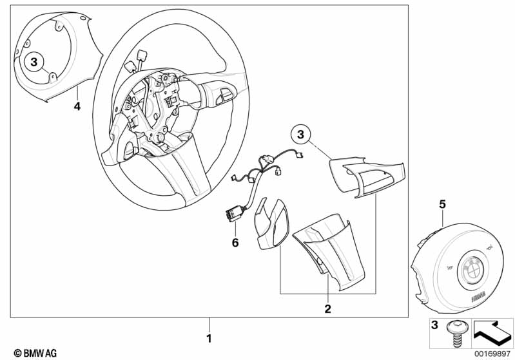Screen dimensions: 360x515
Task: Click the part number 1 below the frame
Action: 208,338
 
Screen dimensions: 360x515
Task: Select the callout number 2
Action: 327,309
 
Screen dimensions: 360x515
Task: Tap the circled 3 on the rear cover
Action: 35,62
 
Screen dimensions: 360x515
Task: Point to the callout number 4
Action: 77,107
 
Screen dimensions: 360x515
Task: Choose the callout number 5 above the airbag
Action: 442,204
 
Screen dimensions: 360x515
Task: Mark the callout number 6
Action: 235,242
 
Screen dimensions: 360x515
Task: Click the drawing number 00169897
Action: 491,353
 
